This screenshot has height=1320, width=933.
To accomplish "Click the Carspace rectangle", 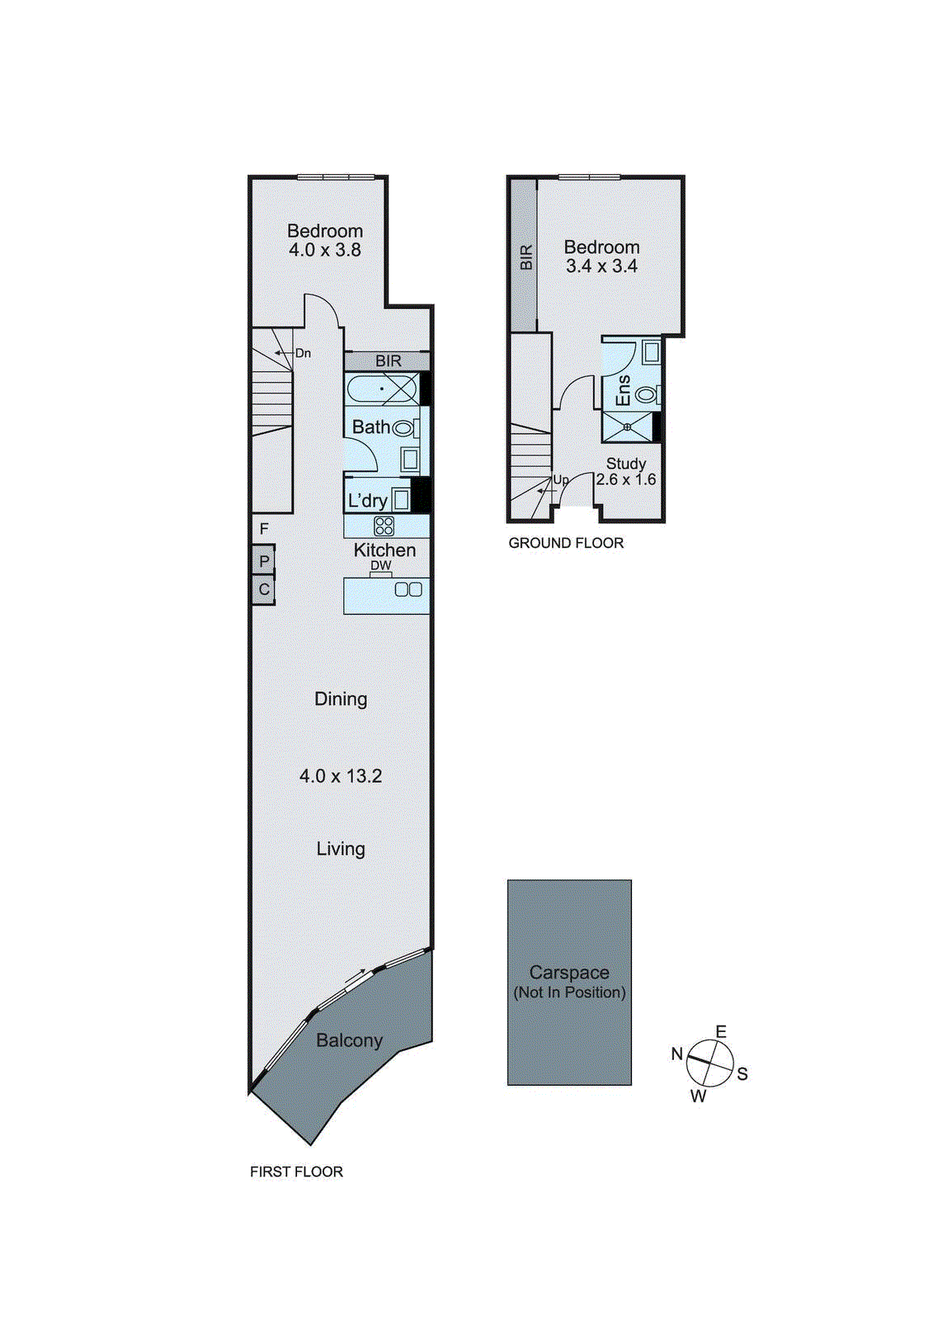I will (x=569, y=982).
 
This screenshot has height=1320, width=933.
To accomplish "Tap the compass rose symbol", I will (x=709, y=1063).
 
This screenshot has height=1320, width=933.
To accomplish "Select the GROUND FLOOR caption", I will (x=566, y=543).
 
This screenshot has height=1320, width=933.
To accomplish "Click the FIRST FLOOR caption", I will (x=296, y=1171).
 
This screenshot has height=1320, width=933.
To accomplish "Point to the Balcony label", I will (x=349, y=1040).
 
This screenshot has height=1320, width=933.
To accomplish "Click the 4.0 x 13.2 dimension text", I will (x=341, y=775).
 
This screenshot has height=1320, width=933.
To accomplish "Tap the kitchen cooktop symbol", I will (x=384, y=526).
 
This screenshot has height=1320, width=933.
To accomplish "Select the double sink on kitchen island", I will (x=408, y=589).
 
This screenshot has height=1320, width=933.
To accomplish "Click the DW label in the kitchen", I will (x=380, y=565).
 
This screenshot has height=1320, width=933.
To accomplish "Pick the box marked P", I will (x=264, y=561).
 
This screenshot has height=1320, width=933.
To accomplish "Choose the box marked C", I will (x=264, y=590).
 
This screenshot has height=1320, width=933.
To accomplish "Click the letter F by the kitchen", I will (x=264, y=529).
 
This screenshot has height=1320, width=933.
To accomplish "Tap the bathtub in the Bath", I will (x=382, y=388).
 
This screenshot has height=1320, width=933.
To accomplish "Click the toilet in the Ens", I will (x=647, y=394).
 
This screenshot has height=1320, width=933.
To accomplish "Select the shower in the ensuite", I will (x=628, y=427).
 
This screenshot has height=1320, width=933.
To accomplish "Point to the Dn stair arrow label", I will (x=303, y=353).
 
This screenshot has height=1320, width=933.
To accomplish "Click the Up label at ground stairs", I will (x=561, y=480).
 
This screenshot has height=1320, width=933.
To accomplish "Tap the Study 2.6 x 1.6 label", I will (x=626, y=471).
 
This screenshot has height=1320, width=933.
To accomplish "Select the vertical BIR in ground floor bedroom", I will (x=525, y=257).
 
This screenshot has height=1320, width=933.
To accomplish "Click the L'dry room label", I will (x=367, y=501).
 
